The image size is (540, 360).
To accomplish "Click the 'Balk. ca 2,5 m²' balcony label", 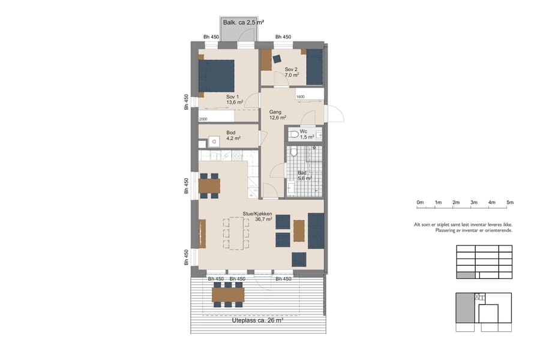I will tap(242, 23).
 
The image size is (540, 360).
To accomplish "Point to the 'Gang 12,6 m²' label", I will tap(277, 115).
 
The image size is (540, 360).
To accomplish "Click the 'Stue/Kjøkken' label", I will tap(257, 214).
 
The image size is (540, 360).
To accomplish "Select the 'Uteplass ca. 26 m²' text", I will tap(257, 320).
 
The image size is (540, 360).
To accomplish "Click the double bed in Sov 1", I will tap(217, 76).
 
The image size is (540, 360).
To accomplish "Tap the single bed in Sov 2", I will tap(314, 67).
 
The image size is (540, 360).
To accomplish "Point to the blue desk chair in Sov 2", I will tap(277, 59).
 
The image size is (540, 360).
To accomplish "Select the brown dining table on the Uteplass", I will tap(228, 295).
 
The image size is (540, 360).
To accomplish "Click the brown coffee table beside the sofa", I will tap(299, 230).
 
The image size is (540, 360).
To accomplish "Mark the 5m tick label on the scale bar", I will tap(509, 202).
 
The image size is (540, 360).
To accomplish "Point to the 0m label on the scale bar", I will tap(421, 202).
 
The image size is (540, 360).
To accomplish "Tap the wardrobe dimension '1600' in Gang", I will tap(300, 97).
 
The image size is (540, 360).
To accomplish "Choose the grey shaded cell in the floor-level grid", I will tap(466, 275).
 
